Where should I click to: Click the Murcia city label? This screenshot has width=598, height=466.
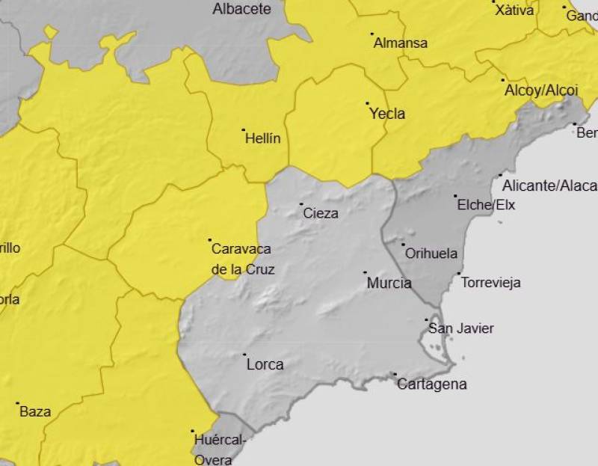click(389, 283)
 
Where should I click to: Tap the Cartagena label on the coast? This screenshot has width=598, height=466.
click(431, 384)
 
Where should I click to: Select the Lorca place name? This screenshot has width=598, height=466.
click(265, 365)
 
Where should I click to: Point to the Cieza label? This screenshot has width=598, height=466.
click(321, 213)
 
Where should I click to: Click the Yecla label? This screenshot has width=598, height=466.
click(387, 114)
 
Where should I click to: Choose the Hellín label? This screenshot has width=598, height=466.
click(262, 138)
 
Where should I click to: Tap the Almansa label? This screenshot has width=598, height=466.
click(400, 43)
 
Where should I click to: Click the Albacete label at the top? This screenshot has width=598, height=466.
click(241, 9)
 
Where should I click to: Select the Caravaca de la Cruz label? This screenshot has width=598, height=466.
click(241, 259)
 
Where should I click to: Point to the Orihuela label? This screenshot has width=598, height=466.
click(431, 254)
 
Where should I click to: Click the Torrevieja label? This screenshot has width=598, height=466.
click(490, 283)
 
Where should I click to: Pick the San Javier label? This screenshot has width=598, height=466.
click(460, 328)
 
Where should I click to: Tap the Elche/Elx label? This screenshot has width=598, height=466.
click(486, 205)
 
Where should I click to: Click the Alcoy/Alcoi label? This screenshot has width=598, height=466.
click(541, 90)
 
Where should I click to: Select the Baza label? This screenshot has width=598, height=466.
click(35, 411)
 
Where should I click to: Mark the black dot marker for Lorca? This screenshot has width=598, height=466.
click(244, 355)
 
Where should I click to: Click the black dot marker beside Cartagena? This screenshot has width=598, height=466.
click(394, 374)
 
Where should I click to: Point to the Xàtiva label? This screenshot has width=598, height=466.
click(516, 10)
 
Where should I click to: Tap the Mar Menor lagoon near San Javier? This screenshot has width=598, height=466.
click(434, 346)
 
